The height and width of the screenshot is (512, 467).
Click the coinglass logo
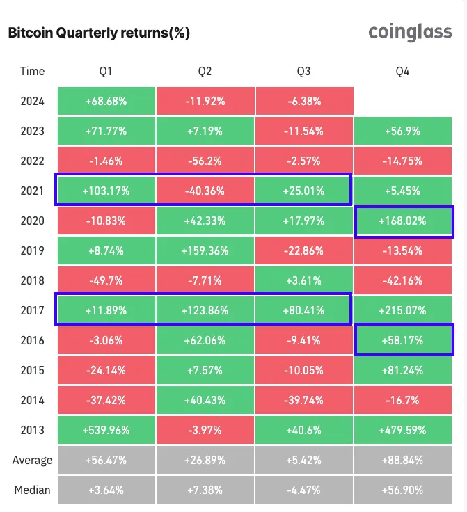pyautogui.click(x=410, y=32)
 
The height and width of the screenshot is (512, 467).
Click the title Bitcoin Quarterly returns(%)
pyautogui.click(x=98, y=33)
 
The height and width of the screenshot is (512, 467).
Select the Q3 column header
pyautogui.click(x=303, y=71)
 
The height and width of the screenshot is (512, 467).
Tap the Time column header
pyautogui.click(x=32, y=71)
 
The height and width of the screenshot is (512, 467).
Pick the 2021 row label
pyautogui.click(x=32, y=191)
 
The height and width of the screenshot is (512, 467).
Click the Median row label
pyautogui.click(x=32, y=490)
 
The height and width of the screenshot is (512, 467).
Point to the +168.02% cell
pyautogui.click(x=404, y=221)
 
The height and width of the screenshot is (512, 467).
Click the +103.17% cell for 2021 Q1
pyautogui.click(x=106, y=191)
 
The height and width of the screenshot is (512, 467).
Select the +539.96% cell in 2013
pyautogui.click(x=106, y=430)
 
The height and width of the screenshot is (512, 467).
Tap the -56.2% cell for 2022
pyautogui.click(x=205, y=161)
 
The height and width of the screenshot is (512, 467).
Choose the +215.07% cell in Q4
pyautogui.click(x=404, y=310)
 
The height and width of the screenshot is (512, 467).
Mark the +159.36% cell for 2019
pyautogui.click(x=205, y=250)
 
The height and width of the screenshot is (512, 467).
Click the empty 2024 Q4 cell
pyautogui.click(x=404, y=101)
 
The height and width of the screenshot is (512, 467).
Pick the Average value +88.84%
pyautogui.click(x=404, y=460)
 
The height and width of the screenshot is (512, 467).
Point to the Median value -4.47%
pyautogui.click(x=303, y=490)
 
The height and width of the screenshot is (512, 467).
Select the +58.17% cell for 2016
pyautogui.click(x=404, y=340)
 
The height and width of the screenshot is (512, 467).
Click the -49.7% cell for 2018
pyautogui.click(x=106, y=280)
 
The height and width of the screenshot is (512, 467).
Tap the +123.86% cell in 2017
pyautogui.click(x=205, y=310)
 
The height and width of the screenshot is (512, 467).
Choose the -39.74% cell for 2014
pyautogui.click(x=303, y=400)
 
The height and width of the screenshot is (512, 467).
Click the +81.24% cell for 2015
pyautogui.click(x=404, y=370)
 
